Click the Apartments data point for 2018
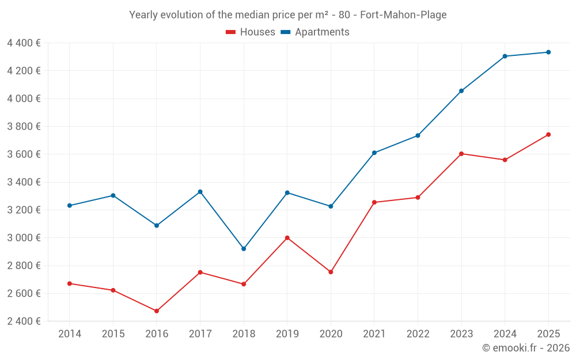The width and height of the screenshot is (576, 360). pyautogui.click(x=244, y=249)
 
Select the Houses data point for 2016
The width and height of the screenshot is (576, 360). pyautogui.click(x=157, y=311)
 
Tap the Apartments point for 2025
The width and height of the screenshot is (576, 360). pyautogui.click(x=548, y=52)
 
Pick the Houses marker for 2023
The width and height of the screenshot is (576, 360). pyautogui.click(x=461, y=154)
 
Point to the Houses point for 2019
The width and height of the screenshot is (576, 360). pyautogui.click(x=287, y=238)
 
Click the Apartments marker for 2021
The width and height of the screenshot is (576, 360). pyautogui.click(x=374, y=153)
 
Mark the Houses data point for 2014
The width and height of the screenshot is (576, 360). pyautogui.click(x=70, y=283)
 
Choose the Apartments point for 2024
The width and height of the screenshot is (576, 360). pyautogui.click(x=505, y=56)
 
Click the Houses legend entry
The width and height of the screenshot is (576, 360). pyautogui.click(x=251, y=32)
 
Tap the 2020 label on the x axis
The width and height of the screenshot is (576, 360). pyautogui.click(x=331, y=334)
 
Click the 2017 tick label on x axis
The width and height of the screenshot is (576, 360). pyautogui.click(x=200, y=334)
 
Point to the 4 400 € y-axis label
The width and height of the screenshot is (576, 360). pyautogui.click(x=24, y=43)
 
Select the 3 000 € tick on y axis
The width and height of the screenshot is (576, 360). pyautogui.click(x=24, y=238)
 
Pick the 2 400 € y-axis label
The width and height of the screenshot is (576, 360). pyautogui.click(x=24, y=321)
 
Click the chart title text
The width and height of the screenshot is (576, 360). pyautogui.click(x=287, y=15)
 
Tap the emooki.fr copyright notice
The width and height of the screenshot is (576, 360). pyautogui.click(x=525, y=348)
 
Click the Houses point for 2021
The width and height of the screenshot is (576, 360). pyautogui.click(x=374, y=202)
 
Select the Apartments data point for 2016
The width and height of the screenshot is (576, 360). pyautogui.click(x=157, y=226)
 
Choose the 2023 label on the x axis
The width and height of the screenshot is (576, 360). pyautogui.click(x=461, y=334)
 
